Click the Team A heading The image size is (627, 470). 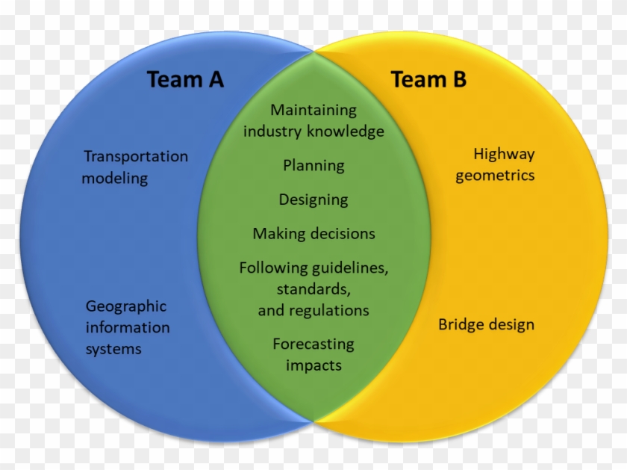185,79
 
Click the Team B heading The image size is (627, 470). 428,79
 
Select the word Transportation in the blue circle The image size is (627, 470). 136,156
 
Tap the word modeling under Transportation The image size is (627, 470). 115,179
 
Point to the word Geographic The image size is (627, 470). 126,306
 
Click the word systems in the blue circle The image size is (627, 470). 113,349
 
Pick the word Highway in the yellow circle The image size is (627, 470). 504,155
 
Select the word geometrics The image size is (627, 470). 495,176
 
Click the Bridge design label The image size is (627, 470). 486,325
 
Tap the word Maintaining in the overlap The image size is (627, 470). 313,110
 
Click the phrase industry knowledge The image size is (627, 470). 313,132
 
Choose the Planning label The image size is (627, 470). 313,165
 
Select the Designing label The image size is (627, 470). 313,200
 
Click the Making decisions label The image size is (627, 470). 313,234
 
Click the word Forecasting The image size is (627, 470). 313,344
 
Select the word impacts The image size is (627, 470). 313,365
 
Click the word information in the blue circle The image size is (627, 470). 128,327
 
